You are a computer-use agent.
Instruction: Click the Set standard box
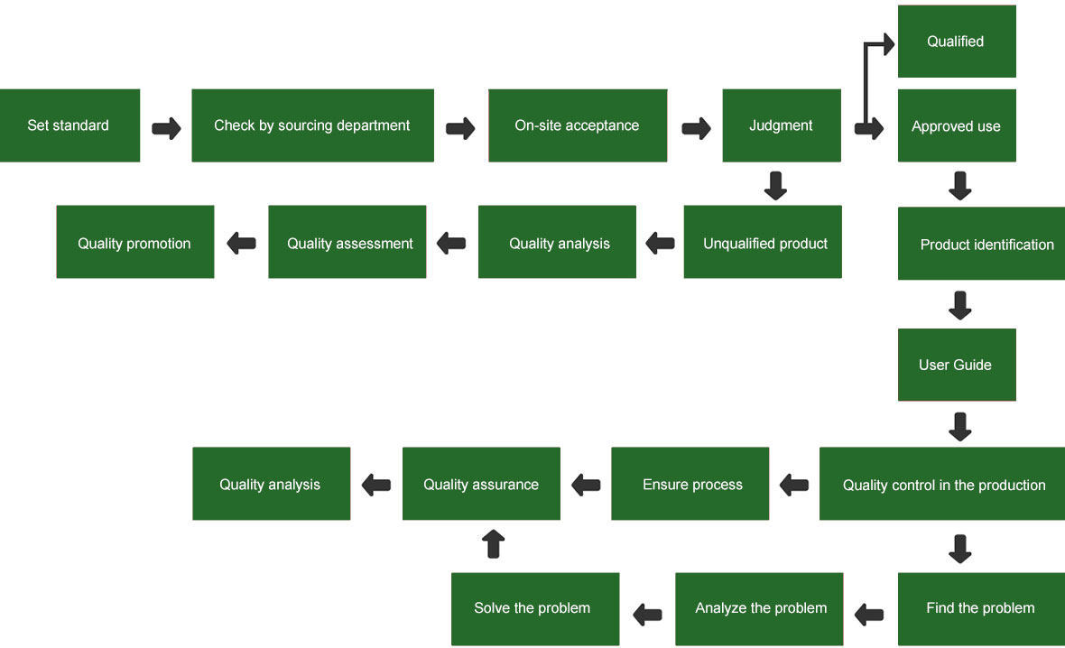(x=69, y=125)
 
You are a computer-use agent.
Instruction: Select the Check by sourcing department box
(x=312, y=125)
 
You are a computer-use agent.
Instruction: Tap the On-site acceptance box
(x=578, y=125)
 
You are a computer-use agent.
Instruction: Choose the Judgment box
(x=781, y=125)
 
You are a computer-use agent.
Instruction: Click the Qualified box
(x=956, y=42)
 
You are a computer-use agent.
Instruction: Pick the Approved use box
(x=956, y=126)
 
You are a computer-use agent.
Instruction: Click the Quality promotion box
(x=134, y=242)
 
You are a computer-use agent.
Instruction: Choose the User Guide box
(x=956, y=365)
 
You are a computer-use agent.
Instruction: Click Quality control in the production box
(x=942, y=484)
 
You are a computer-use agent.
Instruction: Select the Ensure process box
(x=690, y=484)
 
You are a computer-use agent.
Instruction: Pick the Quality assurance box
(x=481, y=484)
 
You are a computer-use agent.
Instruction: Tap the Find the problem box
(x=980, y=608)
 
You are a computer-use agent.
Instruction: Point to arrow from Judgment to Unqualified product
(x=775, y=185)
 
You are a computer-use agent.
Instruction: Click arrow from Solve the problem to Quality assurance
(x=493, y=544)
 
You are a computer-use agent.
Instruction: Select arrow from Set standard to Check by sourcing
(x=166, y=127)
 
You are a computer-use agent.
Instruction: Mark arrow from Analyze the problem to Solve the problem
(x=647, y=615)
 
